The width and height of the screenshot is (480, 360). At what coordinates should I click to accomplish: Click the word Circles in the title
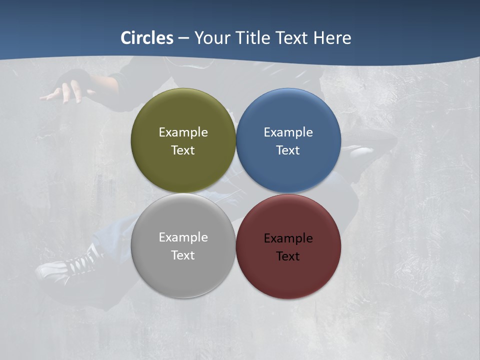(x=147, y=38)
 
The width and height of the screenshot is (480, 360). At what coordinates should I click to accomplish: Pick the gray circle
(x=183, y=277)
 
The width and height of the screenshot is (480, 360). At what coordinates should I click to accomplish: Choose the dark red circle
(x=288, y=277)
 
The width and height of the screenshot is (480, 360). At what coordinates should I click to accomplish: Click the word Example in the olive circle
(x=183, y=132)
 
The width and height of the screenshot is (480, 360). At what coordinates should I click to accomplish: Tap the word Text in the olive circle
(x=183, y=150)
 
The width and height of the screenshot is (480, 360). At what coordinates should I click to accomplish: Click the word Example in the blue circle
(x=288, y=132)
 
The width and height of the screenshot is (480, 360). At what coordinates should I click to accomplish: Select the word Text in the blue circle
(x=288, y=150)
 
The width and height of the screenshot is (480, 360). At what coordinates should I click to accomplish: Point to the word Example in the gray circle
(x=183, y=237)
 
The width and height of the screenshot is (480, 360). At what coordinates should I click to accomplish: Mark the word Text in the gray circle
(x=183, y=255)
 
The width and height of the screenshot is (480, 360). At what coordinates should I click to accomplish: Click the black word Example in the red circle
(x=288, y=238)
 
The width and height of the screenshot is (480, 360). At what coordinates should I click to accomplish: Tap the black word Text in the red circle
(x=288, y=256)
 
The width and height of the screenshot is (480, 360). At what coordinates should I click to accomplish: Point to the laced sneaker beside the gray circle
(x=70, y=265)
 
